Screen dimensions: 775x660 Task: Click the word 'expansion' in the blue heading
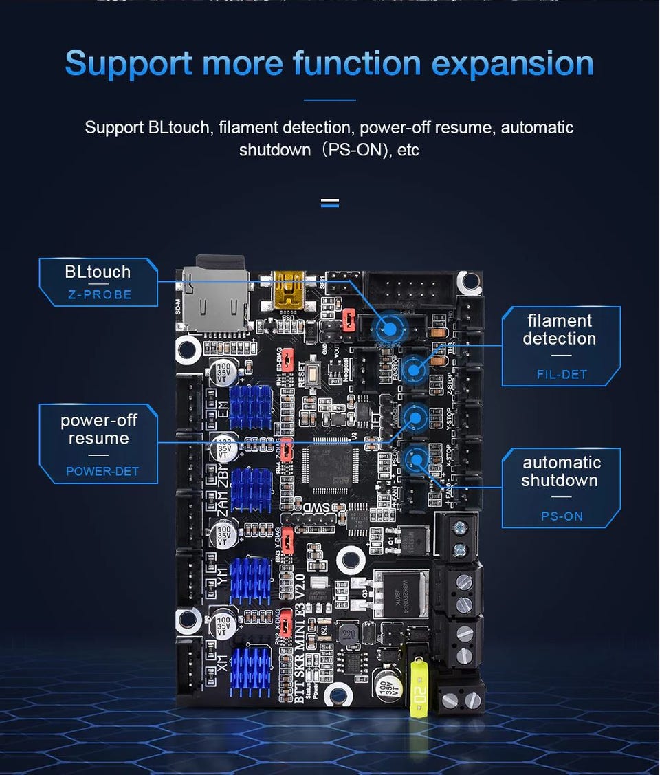(512, 63)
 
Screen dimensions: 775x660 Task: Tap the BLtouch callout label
(98, 272)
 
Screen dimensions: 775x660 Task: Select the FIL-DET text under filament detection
(562, 375)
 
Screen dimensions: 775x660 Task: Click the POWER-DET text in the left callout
(102, 471)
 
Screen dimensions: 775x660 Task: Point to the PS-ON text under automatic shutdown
(562, 516)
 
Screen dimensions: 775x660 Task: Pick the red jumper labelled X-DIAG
(288, 624)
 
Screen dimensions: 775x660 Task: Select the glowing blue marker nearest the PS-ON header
(415, 458)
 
